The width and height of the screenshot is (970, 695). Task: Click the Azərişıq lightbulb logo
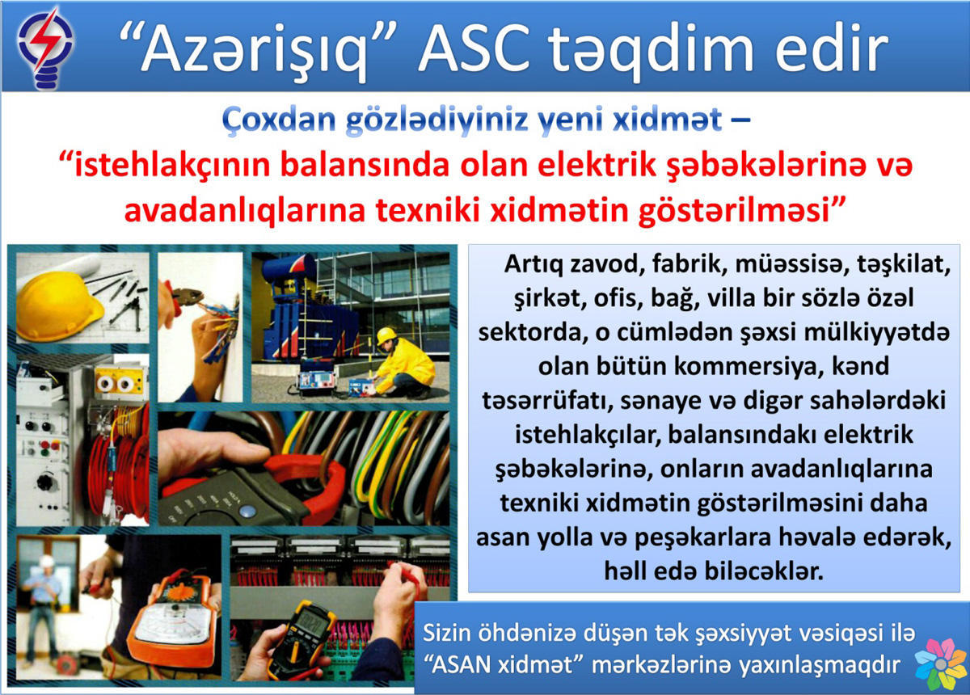tap(45, 48)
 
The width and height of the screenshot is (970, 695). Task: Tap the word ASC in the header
tap(474, 48)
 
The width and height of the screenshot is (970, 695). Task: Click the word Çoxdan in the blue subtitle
tap(279, 120)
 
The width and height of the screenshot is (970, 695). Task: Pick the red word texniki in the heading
tap(428, 210)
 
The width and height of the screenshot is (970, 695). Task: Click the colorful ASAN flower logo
tap(939, 663)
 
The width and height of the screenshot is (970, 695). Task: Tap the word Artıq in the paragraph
tap(532, 265)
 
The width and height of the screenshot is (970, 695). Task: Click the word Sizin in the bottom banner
tap(446, 633)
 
